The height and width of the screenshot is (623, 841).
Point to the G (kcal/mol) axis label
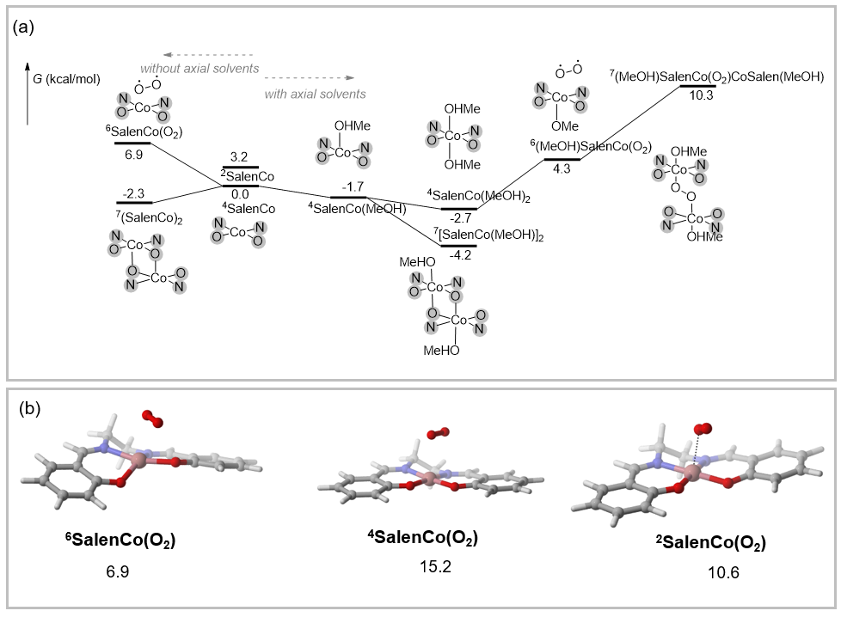coord(68,79)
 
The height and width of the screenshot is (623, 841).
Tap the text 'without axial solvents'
coord(200,68)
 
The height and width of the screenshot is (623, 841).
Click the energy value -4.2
coord(457,254)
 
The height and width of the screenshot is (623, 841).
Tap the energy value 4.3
coord(562,169)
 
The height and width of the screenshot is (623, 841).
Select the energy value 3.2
coord(240,157)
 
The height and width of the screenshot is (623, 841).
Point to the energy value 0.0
coord(240,194)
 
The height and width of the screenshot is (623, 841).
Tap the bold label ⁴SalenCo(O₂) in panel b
coord(421,538)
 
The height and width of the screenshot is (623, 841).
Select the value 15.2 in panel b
coord(421,567)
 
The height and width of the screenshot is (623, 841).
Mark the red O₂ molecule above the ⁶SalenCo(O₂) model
coord(152,418)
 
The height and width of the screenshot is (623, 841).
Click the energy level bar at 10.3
coord(697,86)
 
